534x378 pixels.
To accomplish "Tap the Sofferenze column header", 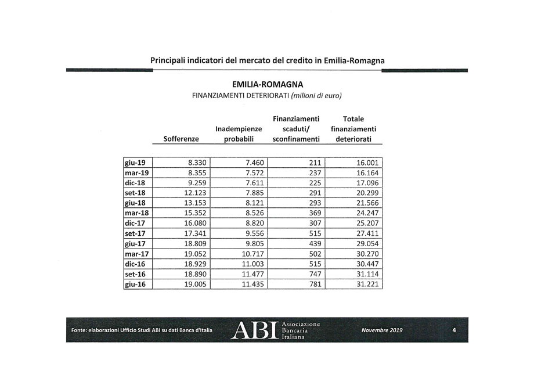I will point(181,139).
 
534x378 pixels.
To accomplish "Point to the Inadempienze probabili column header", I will point(239,134).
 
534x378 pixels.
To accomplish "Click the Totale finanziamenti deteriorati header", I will point(353,129).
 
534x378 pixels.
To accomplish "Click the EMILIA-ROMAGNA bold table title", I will point(267,84).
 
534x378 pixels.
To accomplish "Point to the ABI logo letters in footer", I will point(254,330).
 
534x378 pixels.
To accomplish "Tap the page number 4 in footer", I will point(454,330).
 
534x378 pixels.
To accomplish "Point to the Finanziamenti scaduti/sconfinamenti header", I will point(296,129).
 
